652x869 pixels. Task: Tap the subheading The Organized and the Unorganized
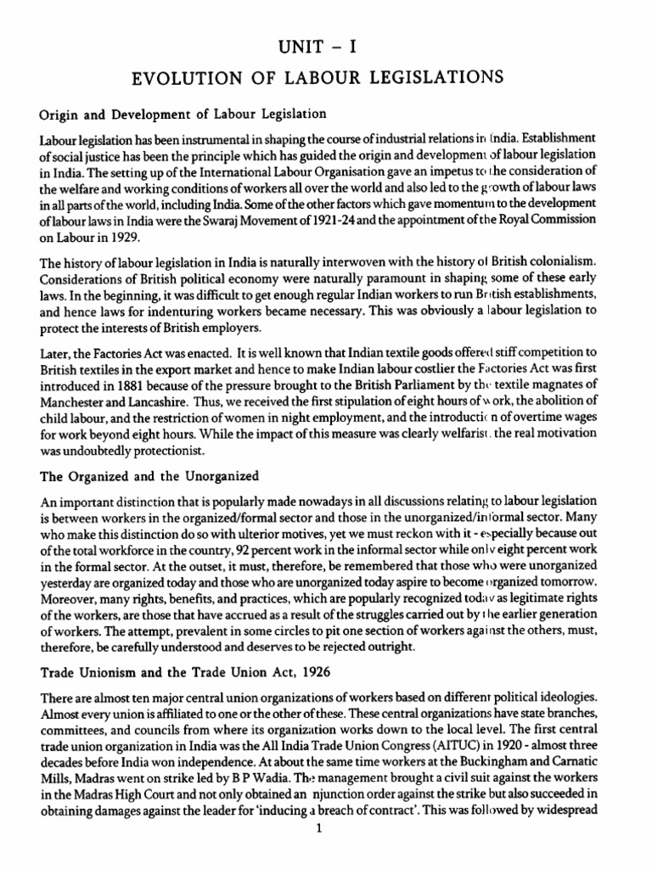pos(149,476)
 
